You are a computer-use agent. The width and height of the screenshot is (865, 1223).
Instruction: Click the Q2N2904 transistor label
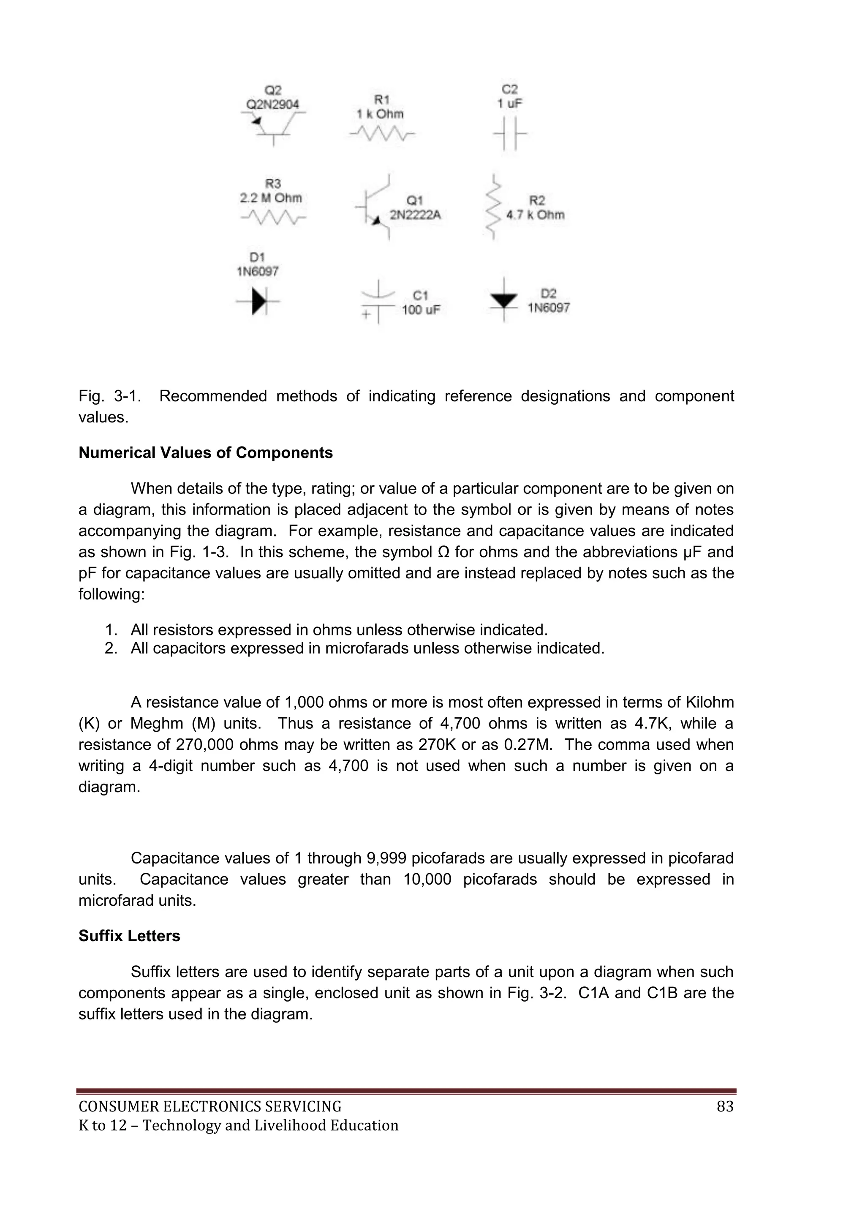point(272,104)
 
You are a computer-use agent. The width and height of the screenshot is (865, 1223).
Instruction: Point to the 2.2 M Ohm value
point(271,198)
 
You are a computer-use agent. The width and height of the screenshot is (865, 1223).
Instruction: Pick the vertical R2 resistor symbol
point(493,207)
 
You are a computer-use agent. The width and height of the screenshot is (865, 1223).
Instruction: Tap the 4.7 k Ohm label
point(535,215)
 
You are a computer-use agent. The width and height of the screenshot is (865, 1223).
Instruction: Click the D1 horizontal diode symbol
point(258,302)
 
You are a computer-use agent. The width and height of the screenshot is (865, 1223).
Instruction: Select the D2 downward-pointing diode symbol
point(503,300)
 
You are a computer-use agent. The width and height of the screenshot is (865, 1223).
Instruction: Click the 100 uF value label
point(421,310)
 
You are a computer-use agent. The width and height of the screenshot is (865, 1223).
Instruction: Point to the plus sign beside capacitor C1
point(366,314)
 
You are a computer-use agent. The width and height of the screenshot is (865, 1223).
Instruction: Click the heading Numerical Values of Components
point(206,453)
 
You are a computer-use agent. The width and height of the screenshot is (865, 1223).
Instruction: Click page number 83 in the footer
point(725,1107)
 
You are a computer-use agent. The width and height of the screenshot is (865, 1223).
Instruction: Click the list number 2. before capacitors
point(111,648)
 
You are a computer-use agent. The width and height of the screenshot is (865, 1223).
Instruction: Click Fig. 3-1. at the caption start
point(110,396)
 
